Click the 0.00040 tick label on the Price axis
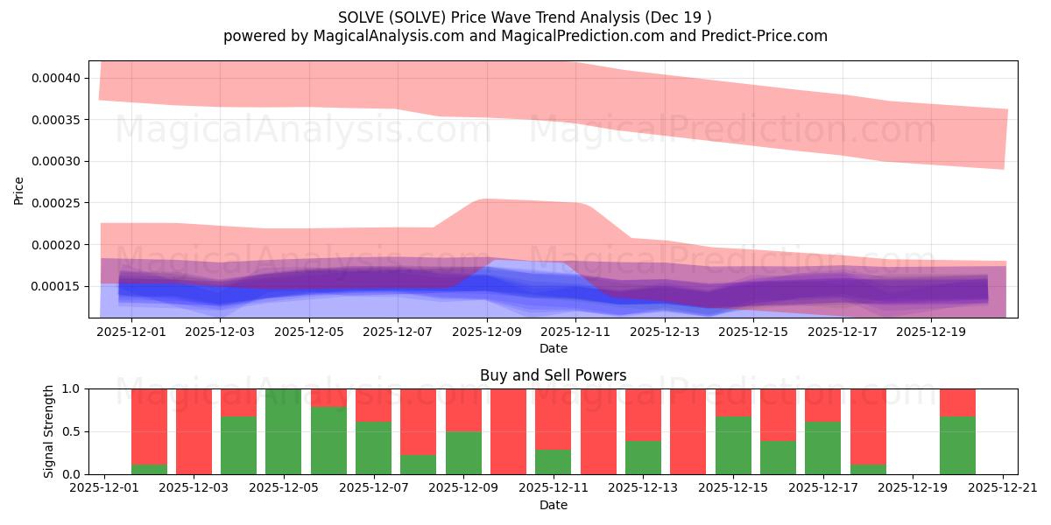(x=56, y=78)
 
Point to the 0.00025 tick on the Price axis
(x=56, y=203)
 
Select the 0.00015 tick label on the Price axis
(x=56, y=286)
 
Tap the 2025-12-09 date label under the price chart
(x=486, y=332)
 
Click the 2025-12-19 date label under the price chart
(x=931, y=332)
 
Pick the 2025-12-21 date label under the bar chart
(x=1002, y=489)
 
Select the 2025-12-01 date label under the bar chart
(x=104, y=489)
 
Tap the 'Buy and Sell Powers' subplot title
(x=553, y=375)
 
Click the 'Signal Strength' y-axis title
(x=49, y=430)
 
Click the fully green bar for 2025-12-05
(x=284, y=431)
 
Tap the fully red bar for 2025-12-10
(x=508, y=431)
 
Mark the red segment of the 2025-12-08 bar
(x=419, y=421)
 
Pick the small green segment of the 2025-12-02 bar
(x=149, y=469)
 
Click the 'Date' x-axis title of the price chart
(x=553, y=348)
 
